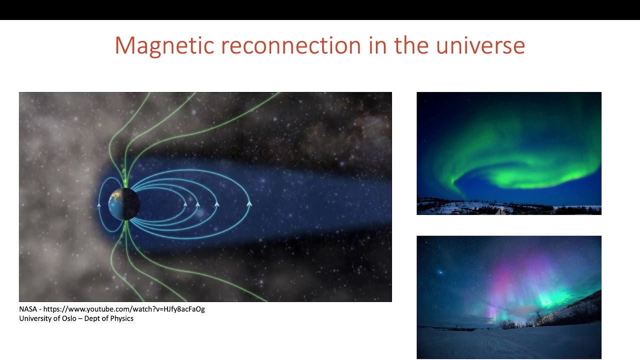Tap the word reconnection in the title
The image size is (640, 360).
click(x=290, y=45)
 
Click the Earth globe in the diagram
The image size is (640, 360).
click(x=123, y=204)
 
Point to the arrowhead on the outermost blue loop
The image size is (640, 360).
click(x=249, y=203)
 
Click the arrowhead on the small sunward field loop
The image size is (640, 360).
click(x=99, y=204)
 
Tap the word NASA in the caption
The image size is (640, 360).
click(x=28, y=309)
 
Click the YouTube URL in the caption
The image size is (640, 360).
click(x=124, y=309)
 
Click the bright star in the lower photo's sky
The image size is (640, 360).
click(x=440, y=273)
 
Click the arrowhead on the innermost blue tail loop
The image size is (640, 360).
click(x=185, y=204)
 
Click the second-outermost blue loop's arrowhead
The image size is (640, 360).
click(x=216, y=204)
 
